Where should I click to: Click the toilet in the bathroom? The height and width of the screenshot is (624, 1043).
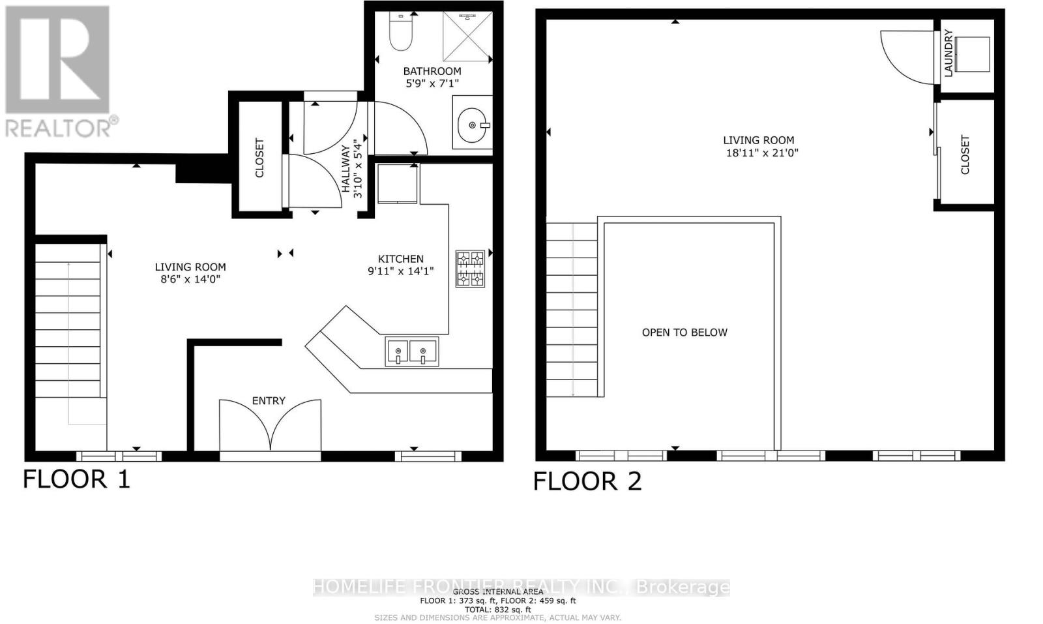[x=400, y=33]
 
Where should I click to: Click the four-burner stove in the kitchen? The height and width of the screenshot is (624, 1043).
[x=469, y=269]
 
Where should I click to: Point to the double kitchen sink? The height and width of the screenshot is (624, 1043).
[x=411, y=351]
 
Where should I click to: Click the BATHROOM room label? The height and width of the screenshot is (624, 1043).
[x=432, y=71]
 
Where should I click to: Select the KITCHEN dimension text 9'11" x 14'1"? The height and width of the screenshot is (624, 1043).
[x=400, y=271]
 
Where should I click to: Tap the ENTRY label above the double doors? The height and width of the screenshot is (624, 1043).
[x=269, y=400]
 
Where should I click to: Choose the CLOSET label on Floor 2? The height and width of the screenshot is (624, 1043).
[x=965, y=155]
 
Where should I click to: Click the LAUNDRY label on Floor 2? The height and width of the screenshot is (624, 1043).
[x=948, y=53]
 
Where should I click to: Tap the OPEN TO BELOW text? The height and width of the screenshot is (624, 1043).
[x=684, y=333]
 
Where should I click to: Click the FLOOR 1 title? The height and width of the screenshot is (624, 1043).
[x=76, y=479]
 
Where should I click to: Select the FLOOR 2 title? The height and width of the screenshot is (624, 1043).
[x=587, y=481]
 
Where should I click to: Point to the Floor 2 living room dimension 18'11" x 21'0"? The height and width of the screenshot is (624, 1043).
[x=761, y=153]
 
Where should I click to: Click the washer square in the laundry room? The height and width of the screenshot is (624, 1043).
[x=972, y=54]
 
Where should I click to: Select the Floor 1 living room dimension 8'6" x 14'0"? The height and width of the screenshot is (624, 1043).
[x=190, y=279]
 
